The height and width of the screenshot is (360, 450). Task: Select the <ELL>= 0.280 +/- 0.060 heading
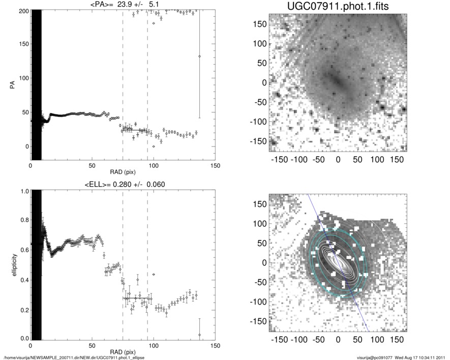click(123, 184)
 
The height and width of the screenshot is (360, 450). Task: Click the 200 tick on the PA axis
click(22, 11)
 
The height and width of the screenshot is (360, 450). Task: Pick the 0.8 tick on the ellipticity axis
click(22, 221)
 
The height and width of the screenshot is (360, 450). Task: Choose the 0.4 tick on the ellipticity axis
click(22, 280)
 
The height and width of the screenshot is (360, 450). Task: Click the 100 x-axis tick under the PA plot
click(154, 166)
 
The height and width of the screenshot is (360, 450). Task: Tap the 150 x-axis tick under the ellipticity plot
click(215, 346)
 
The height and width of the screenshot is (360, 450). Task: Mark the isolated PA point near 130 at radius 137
click(199, 56)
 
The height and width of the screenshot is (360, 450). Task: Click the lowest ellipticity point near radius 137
click(199, 335)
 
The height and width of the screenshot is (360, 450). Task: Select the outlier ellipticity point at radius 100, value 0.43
click(154, 275)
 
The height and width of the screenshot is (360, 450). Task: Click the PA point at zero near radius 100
click(154, 146)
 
